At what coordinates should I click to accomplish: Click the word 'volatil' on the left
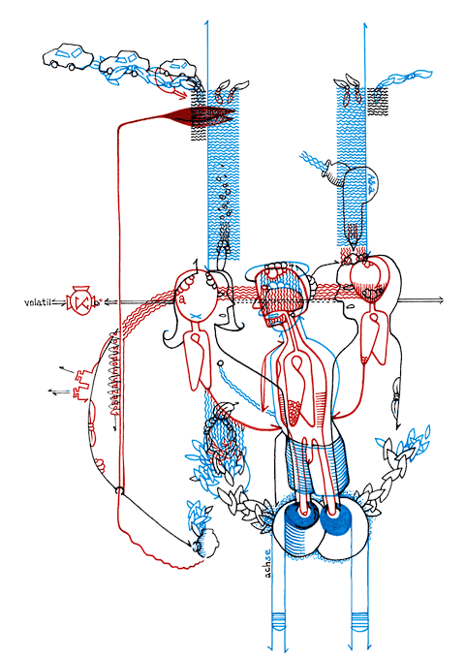[38, 302]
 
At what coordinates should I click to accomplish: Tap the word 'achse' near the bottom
[268, 563]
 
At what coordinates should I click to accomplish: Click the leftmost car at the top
[68, 56]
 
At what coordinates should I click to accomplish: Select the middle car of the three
[125, 63]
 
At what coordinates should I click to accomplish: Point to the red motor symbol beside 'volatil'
[81, 301]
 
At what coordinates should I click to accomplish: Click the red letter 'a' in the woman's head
[182, 299]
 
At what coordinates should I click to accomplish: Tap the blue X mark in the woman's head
[195, 315]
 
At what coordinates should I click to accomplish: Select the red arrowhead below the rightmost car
[182, 95]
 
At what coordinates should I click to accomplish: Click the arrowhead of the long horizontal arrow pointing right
[439, 300]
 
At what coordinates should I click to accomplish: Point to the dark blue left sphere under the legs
[300, 517]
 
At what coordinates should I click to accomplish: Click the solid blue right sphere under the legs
[336, 520]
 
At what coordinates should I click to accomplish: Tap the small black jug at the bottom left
[205, 543]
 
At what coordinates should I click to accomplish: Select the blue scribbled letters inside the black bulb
[372, 182]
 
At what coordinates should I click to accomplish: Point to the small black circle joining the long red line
[119, 489]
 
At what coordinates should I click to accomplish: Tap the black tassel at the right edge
[396, 395]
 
